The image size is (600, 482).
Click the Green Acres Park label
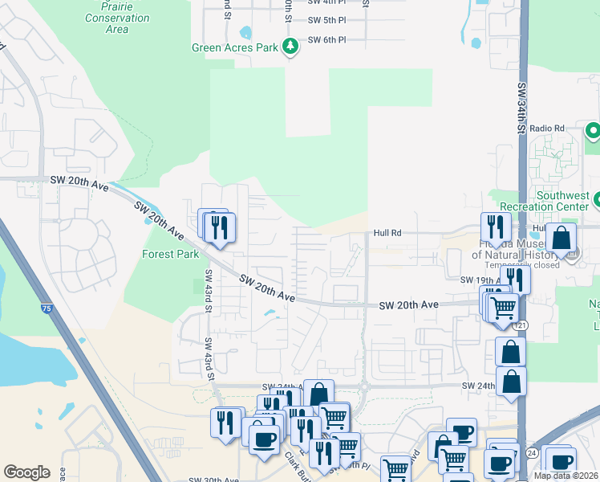point(234,47)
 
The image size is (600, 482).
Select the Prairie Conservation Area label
point(116,18)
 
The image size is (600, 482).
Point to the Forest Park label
point(170,255)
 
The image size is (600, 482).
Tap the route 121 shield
point(522,325)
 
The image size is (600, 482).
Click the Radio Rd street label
point(547,129)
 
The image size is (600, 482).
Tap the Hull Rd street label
point(387,234)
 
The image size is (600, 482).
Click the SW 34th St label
point(521,108)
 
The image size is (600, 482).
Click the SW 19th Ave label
point(480,280)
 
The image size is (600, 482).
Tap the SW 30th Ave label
point(217,480)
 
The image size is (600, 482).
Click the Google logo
point(26,472)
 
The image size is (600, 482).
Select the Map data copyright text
point(566,476)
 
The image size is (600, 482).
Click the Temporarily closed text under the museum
point(522,264)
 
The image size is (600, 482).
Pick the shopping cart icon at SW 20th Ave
point(503,308)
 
